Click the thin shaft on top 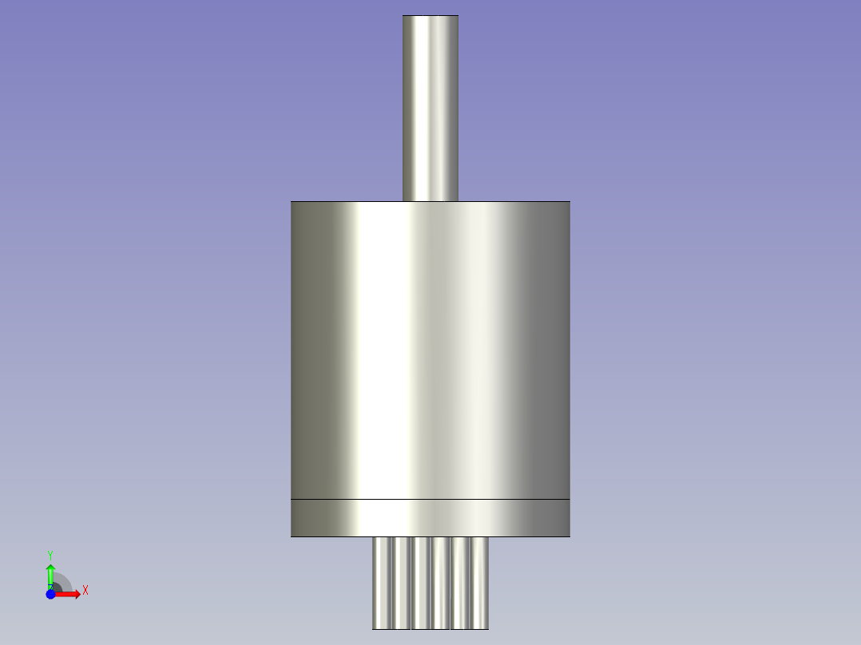(430, 108)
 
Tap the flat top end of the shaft (430, 16)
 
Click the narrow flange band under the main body (430, 518)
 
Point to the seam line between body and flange (430, 500)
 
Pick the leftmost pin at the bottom (382, 583)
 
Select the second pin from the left (401, 583)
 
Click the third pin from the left (421, 583)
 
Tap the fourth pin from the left (440, 583)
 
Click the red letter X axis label (85, 591)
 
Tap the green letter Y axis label (50, 554)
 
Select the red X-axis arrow (70, 594)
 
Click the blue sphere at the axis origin (50, 594)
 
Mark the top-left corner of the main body (292, 202)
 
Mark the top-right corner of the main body (569, 202)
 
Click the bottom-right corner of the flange (569, 536)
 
